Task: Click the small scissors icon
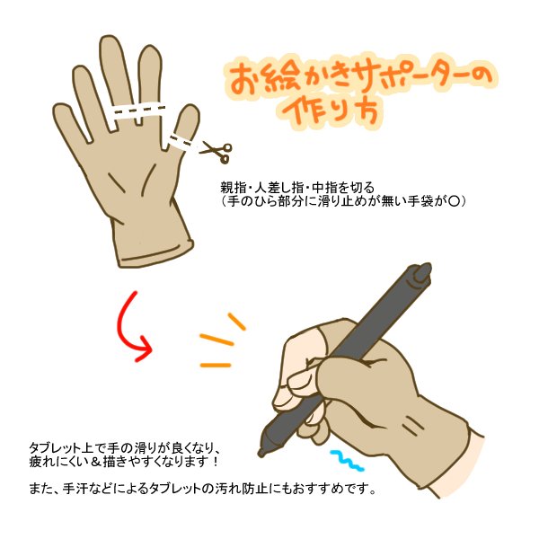pos(216,152)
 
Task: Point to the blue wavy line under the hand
pos(346,459)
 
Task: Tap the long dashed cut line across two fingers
pos(139,112)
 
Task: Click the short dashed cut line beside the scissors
pos(181,139)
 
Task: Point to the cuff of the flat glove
pos(157,251)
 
